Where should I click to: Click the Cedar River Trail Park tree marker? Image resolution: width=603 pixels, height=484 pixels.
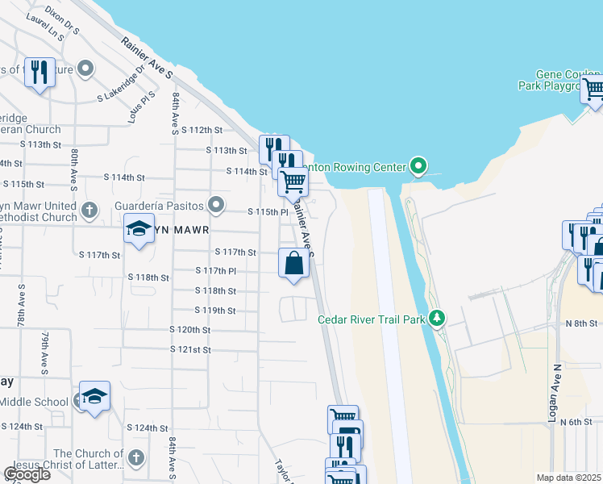(x=437, y=319)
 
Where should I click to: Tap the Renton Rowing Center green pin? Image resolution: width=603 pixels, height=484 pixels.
(x=418, y=167)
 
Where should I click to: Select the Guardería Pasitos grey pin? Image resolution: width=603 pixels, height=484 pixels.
(x=215, y=205)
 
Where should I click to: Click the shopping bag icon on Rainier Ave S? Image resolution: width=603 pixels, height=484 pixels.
(x=293, y=263)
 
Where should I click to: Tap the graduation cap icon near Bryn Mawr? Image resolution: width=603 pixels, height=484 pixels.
(x=139, y=229)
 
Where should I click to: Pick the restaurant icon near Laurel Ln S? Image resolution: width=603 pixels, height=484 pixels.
(x=40, y=71)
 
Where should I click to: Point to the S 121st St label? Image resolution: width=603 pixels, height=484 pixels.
(x=190, y=349)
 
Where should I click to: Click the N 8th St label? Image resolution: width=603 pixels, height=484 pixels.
(x=580, y=323)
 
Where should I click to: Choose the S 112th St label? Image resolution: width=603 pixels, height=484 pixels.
(x=202, y=130)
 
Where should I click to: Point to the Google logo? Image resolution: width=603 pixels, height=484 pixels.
(x=27, y=474)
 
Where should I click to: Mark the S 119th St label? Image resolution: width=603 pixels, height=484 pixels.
(x=215, y=311)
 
